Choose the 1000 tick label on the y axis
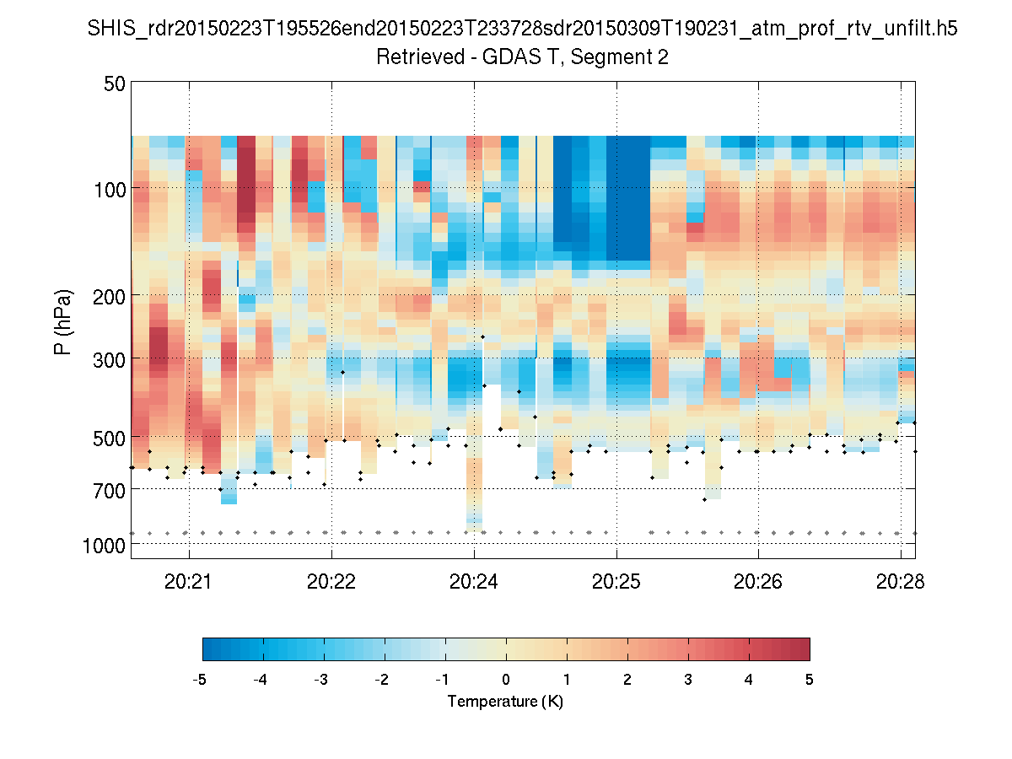(x=105, y=545)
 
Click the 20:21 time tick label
(x=189, y=581)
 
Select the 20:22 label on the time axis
(x=331, y=581)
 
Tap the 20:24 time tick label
(x=474, y=581)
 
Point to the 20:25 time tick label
(x=616, y=581)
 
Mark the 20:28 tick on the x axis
(x=901, y=581)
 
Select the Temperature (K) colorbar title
(x=505, y=702)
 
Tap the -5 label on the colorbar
(x=201, y=679)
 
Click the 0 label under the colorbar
(x=506, y=679)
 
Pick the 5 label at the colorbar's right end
(x=810, y=679)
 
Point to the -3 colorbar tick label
(x=321, y=679)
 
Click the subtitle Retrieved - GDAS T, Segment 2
(x=523, y=57)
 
